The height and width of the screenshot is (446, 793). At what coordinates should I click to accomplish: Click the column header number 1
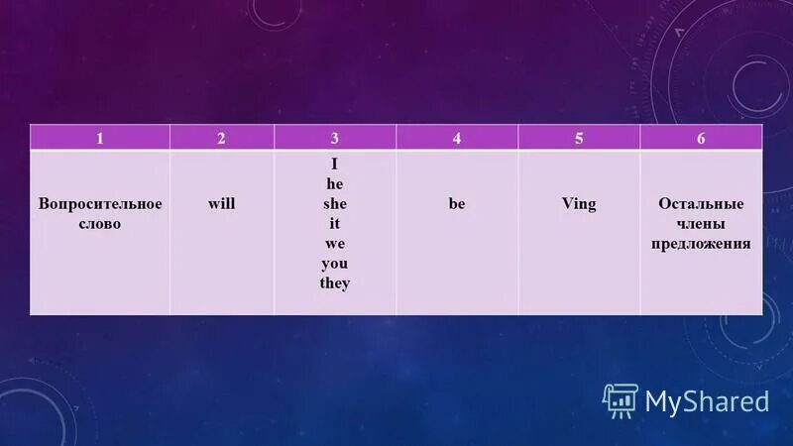99,138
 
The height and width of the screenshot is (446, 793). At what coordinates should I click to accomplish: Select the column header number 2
222,138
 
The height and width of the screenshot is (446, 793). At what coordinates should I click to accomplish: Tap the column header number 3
335,138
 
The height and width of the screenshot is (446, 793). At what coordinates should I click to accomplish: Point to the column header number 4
457,138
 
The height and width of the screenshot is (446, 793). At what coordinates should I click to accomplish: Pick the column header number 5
579,138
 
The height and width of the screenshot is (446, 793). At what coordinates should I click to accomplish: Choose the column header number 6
701,138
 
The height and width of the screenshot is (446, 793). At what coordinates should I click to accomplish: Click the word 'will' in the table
222,203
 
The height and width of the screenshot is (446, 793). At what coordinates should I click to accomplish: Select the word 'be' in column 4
457,203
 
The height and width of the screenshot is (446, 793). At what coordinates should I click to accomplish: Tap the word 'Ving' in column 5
579,203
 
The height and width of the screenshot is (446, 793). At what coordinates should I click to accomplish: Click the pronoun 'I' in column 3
335,164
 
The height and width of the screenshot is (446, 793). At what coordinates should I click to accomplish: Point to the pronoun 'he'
335,183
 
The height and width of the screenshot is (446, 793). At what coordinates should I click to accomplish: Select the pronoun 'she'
335,203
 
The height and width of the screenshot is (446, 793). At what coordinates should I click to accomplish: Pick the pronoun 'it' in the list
335,223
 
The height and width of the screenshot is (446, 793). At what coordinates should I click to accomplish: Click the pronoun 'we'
335,243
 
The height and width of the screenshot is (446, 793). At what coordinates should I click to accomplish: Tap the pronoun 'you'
335,263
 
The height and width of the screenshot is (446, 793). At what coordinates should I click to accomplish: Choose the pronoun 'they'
335,282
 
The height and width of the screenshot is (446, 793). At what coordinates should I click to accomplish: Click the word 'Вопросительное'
99,203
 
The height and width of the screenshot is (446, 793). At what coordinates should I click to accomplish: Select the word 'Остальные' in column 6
701,203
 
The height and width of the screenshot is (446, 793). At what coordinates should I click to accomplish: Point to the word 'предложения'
701,244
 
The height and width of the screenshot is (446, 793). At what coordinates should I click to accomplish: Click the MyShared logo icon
621,400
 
